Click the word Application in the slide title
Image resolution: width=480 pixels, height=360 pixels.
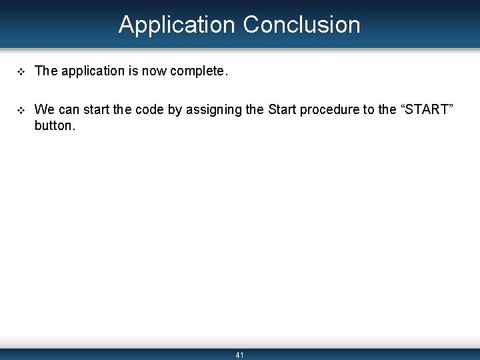(177, 25)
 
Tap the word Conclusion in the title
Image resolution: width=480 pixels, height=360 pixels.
(301, 25)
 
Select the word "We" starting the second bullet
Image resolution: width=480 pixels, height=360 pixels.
(45, 109)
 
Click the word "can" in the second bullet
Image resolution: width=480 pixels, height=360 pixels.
(69, 109)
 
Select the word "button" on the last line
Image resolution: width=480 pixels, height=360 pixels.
(53, 125)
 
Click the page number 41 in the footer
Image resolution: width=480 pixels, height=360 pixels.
(240, 355)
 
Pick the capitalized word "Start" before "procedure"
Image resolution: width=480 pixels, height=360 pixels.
(282, 109)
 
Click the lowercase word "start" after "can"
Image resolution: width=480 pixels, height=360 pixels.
(96, 109)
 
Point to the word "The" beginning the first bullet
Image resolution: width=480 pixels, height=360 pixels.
(46, 71)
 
